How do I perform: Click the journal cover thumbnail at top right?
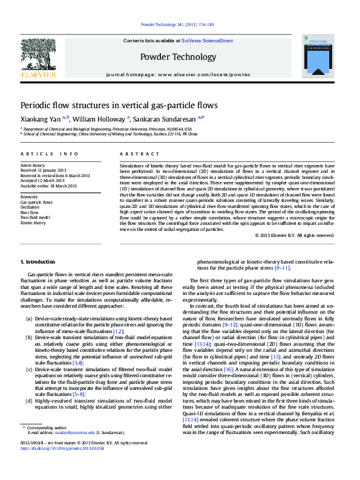317,56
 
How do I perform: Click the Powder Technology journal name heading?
178,57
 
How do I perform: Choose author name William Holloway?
99,120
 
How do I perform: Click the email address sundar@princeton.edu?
74,433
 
